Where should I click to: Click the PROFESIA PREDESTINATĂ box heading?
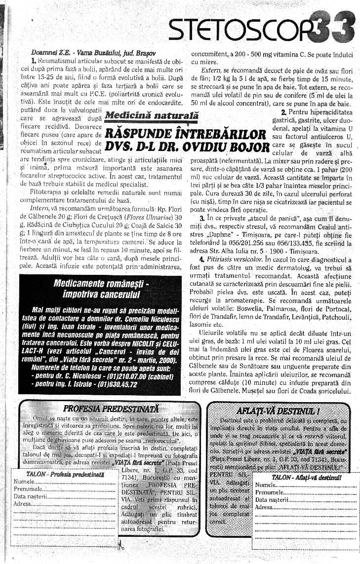[x=111, y=409]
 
